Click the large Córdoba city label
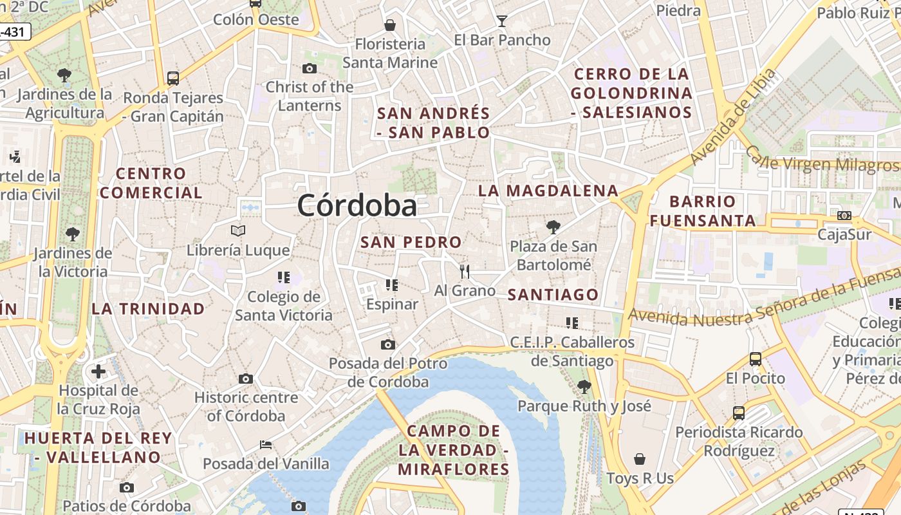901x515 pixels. click(357, 206)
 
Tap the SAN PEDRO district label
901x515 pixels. click(411, 243)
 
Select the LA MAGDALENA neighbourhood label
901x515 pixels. click(548, 191)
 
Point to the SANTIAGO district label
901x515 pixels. click(553, 295)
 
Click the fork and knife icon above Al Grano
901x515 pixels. click(465, 272)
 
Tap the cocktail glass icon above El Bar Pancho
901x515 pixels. click(502, 21)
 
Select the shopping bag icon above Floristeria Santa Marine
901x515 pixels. click(389, 26)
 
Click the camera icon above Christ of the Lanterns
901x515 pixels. click(309, 69)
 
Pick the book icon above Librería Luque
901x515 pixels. click(238, 230)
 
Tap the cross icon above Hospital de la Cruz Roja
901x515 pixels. click(98, 371)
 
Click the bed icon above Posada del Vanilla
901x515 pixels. click(265, 445)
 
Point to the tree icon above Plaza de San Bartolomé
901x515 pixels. click(553, 227)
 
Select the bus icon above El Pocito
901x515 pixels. click(756, 359)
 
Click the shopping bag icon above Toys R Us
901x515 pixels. click(640, 459)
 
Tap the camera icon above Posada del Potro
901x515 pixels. click(387, 345)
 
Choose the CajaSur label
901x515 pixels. click(844, 234)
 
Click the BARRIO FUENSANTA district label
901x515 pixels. click(703, 211)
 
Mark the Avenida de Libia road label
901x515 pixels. click(733, 117)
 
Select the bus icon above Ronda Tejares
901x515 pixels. click(172, 79)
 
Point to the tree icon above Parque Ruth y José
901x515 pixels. click(584, 387)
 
